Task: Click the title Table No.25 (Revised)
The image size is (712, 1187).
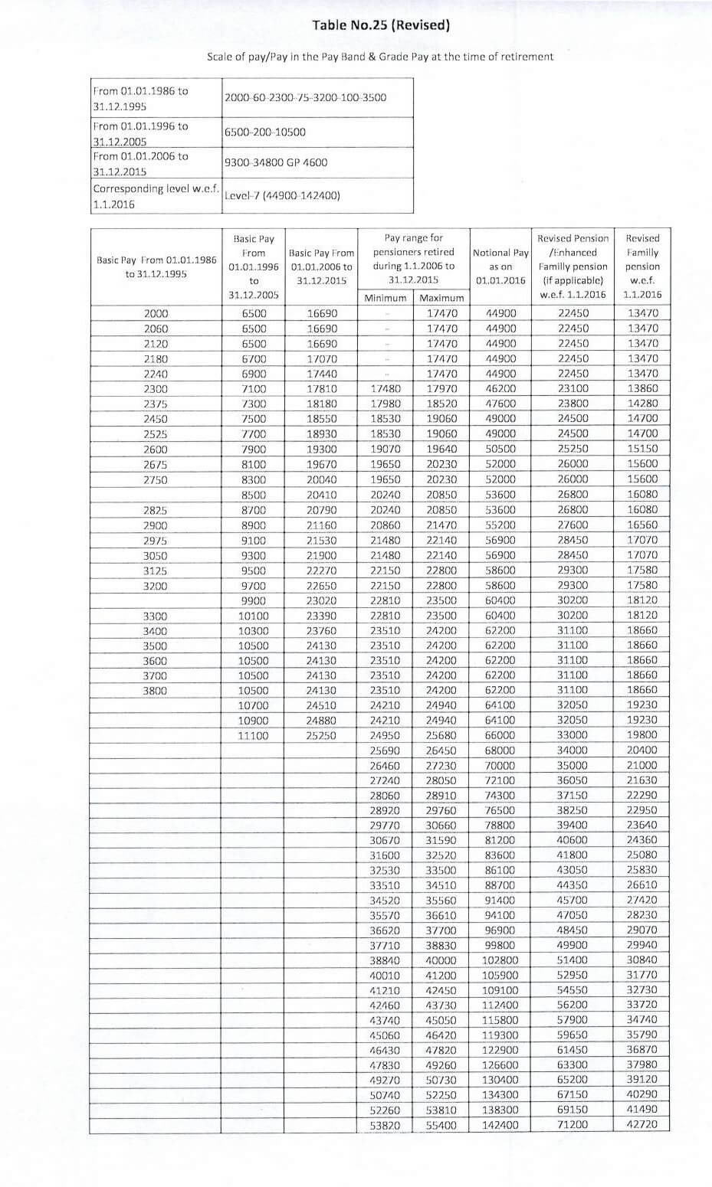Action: coord(380,26)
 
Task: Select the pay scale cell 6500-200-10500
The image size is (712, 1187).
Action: coord(264,132)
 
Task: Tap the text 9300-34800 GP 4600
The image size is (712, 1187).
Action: coord(276,162)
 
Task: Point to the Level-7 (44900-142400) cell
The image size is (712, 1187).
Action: coord(282,195)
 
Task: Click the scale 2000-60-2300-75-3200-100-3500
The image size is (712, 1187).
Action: coord(305,97)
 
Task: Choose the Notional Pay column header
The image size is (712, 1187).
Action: coord(500,266)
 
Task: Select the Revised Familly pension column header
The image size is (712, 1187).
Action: coord(642,266)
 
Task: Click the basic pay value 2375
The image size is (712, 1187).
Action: coord(156,404)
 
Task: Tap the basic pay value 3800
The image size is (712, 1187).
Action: coord(156,690)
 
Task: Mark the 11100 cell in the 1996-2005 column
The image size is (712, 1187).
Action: coord(254,735)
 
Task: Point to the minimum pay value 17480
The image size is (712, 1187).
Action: coord(386,389)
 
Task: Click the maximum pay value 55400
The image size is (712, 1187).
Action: coord(441,1125)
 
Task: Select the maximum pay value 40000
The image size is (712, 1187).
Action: coord(441,960)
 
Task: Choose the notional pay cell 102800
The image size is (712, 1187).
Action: coord(500,960)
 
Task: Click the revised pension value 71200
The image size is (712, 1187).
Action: coord(573,1125)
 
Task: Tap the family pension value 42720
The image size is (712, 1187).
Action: coord(642,1125)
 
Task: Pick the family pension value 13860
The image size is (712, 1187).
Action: coord(642,389)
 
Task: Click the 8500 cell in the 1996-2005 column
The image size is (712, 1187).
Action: coord(254,495)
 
